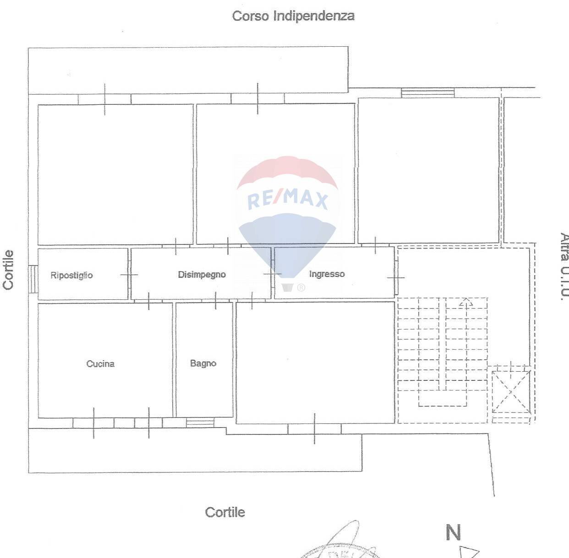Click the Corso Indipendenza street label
293,16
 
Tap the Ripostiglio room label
71,275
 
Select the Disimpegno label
202,275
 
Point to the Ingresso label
327,274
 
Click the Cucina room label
100,364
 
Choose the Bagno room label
203,363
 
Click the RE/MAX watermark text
288,200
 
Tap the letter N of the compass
453,532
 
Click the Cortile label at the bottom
225,512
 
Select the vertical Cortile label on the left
8,270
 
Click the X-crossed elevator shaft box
510,391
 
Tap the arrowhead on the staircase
466,302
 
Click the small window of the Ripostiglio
33,279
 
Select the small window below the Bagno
200,422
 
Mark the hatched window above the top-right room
428,93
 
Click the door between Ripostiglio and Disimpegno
129,275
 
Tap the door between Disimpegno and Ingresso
273,274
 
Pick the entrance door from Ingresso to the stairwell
396,277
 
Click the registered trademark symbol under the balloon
301,287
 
